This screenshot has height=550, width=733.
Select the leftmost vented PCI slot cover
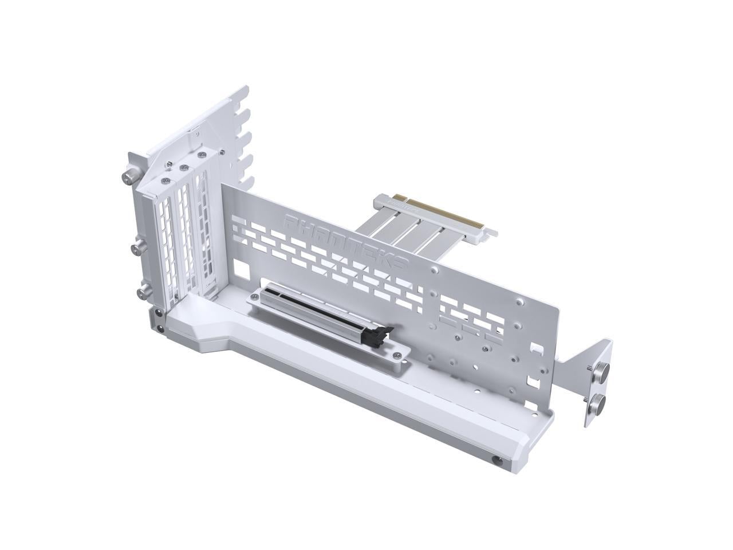165,241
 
